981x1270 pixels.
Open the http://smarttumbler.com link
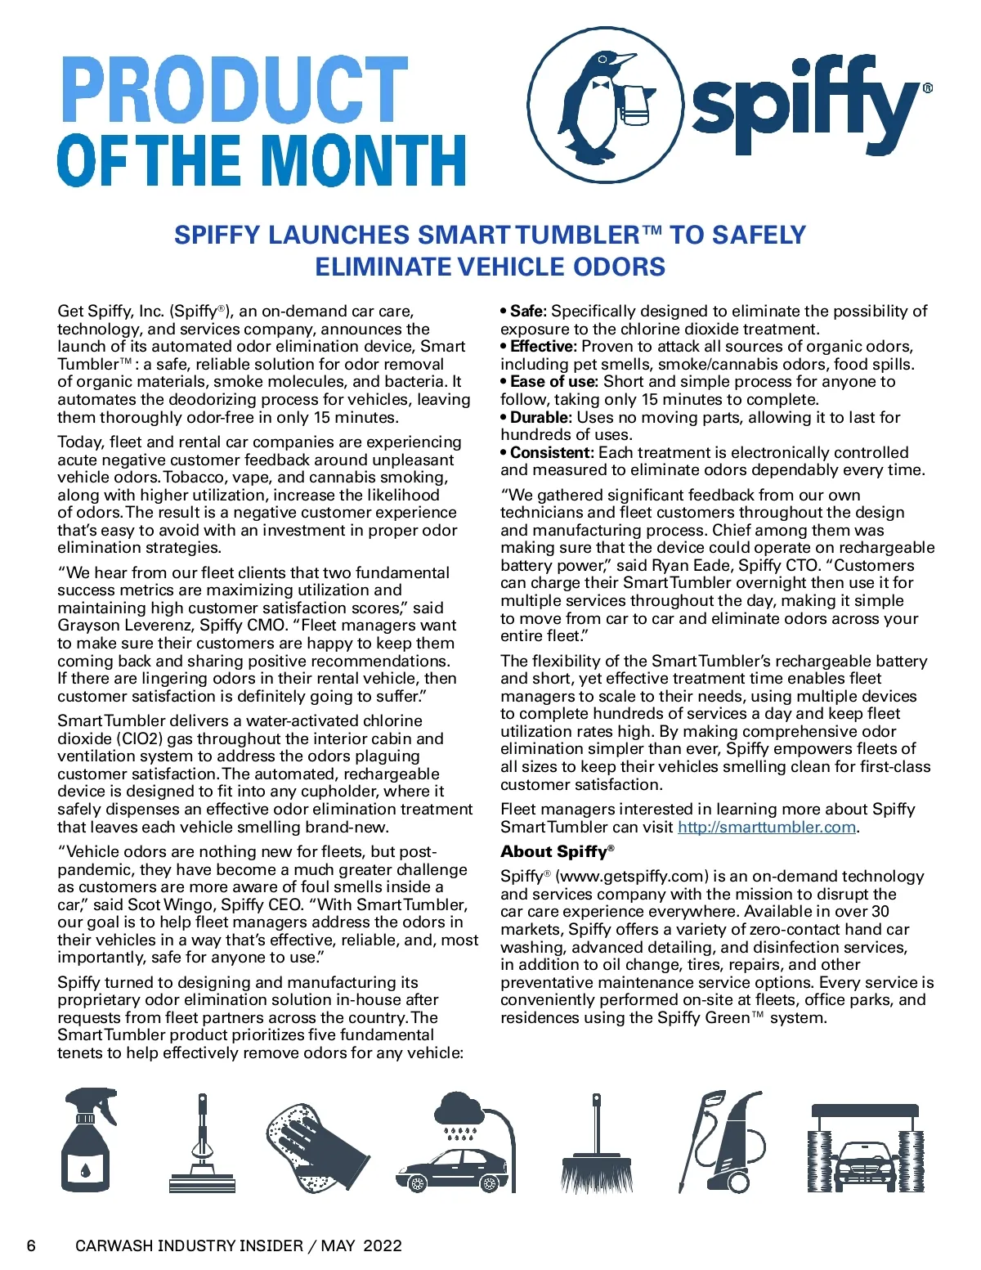766,827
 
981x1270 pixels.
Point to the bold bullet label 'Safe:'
528,311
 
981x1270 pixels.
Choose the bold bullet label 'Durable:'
540,417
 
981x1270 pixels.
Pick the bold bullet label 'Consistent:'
552,452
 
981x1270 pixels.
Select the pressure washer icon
722,1140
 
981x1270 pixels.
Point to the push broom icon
597,1145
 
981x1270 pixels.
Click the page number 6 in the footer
32,1245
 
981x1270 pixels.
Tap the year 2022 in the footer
383,1245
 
